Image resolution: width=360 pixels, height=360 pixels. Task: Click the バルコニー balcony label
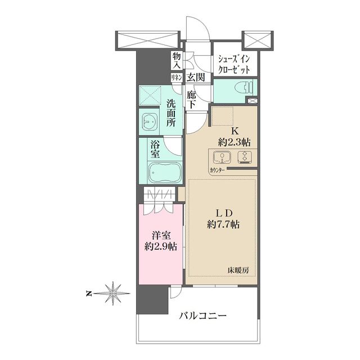pos(203,316)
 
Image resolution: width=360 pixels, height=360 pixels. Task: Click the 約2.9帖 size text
pos(160,246)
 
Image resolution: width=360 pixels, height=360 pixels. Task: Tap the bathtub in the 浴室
pos(163,172)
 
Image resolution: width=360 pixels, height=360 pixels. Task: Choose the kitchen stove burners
pos(246,157)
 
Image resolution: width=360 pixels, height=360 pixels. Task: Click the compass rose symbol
pos(114,292)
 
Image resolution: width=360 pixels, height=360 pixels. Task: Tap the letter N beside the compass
pos(88,293)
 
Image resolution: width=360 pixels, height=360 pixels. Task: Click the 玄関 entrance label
pos(196,78)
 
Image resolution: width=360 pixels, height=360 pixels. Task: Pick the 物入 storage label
pos(176,60)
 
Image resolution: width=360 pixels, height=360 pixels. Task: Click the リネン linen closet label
pos(176,78)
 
